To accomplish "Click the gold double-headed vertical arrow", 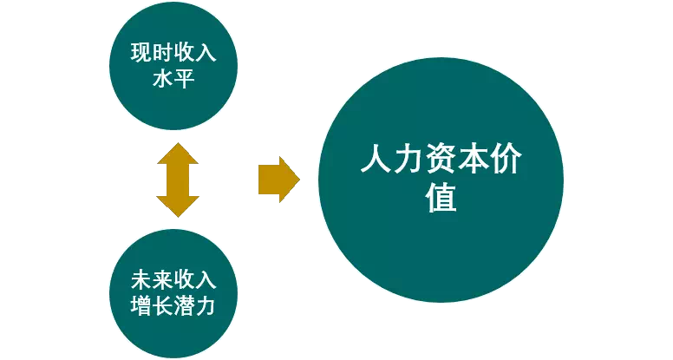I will pos(177,180).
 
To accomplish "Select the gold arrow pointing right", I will pos(278,180).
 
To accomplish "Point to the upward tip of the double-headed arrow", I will pos(177,147).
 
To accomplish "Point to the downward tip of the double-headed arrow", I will pos(177,213).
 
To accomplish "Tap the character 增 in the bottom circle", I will pos(140,307).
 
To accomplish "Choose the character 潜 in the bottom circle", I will pos(184,307).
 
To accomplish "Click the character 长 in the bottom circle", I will pos(162,307).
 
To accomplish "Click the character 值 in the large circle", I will pos(441,199).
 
